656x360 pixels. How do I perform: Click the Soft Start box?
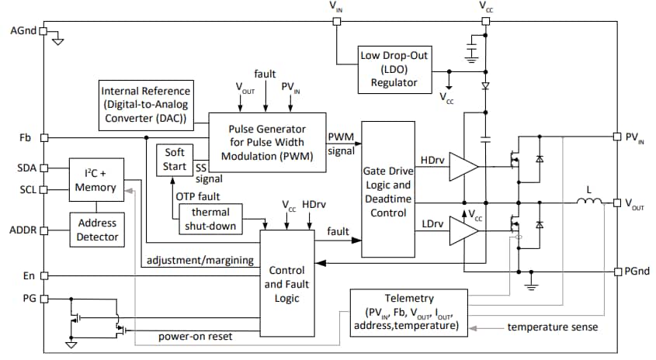coord(175,159)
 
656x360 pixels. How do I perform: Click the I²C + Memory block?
coord(96,180)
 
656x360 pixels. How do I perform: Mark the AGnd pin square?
coord(43,32)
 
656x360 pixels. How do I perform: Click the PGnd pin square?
coord(618,271)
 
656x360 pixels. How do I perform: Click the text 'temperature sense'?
coord(552,327)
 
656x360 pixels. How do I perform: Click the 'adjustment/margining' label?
coord(200,261)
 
